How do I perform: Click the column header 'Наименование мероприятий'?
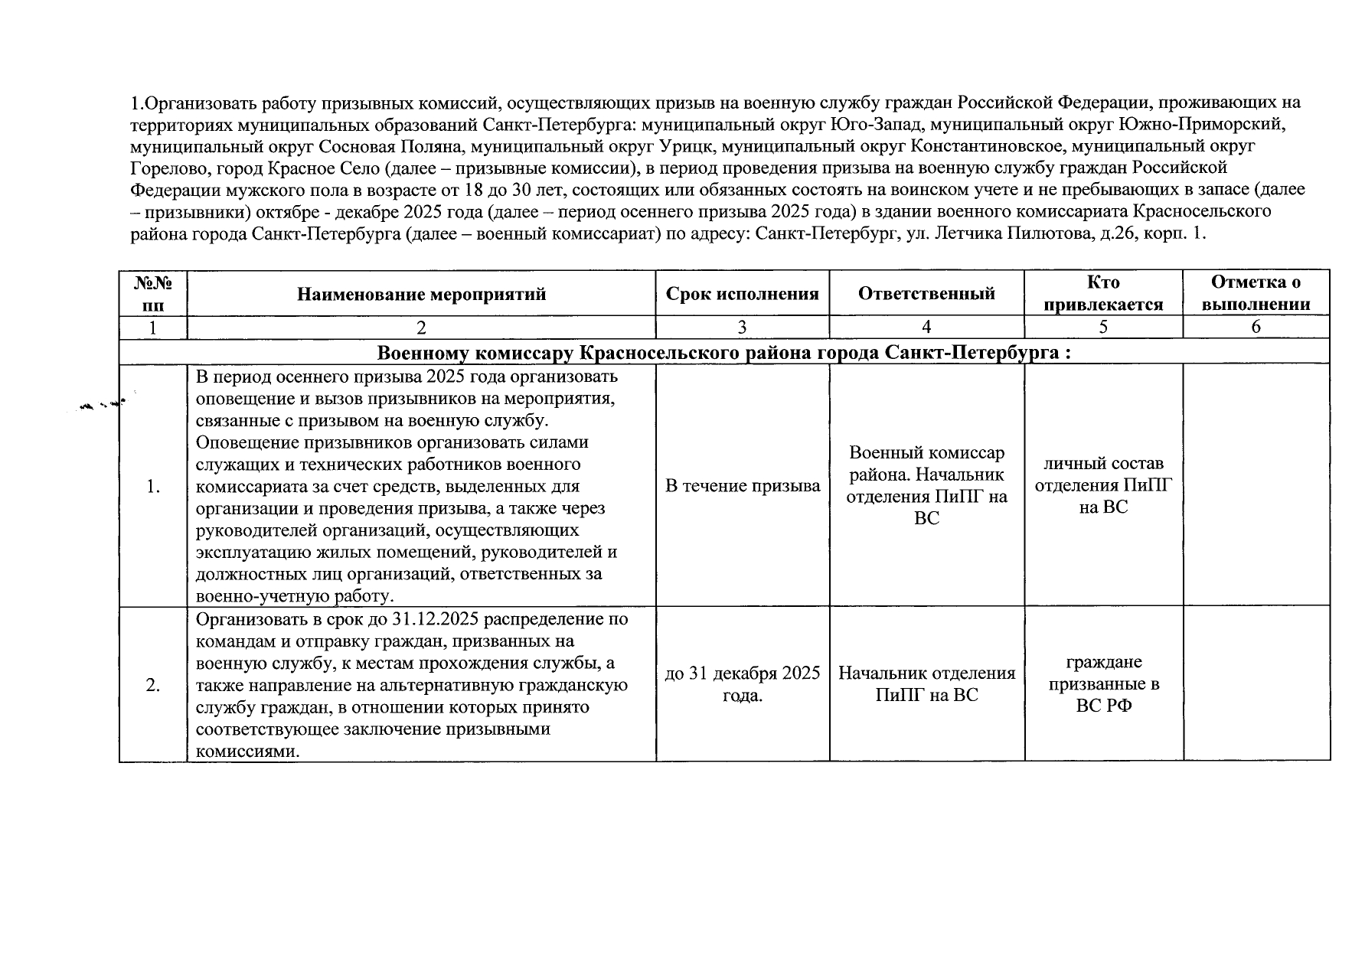tap(421, 294)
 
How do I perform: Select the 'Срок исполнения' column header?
tap(742, 294)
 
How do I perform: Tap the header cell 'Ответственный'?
tap(926, 294)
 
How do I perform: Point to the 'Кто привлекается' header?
tap(1103, 294)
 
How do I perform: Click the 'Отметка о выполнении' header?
tap(1256, 294)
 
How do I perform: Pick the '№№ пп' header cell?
tap(153, 294)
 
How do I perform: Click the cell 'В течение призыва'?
tap(742, 486)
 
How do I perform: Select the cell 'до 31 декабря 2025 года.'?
tap(742, 684)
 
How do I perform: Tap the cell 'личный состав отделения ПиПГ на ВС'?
tap(1103, 485)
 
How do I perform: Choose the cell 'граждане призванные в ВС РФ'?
tap(1103, 684)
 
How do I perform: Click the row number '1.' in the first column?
tap(153, 486)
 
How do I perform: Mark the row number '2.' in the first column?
tap(153, 685)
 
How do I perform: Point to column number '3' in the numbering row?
tap(742, 328)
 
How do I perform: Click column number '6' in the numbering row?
tap(1256, 328)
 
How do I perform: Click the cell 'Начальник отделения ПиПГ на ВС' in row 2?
tap(926, 684)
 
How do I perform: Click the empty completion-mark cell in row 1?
tap(1256, 486)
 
